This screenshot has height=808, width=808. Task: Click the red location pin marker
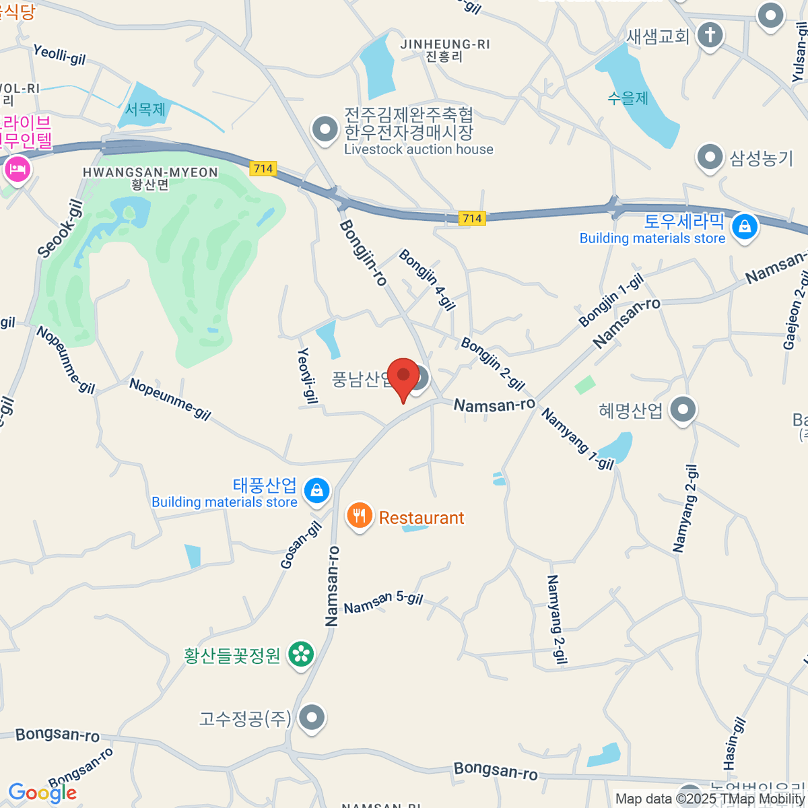(403, 376)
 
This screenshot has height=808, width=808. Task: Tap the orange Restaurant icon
(360, 516)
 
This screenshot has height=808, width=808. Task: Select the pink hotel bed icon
(17, 168)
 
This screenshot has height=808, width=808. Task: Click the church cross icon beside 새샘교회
(709, 34)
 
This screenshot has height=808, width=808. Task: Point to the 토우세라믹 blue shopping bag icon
(745, 227)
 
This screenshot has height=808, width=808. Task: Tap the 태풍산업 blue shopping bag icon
(317, 490)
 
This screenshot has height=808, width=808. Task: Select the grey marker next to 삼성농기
(710, 158)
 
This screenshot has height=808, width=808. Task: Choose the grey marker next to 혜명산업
(683, 409)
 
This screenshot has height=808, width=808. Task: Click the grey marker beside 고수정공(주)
(312, 718)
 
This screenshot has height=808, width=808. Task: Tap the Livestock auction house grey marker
(325, 129)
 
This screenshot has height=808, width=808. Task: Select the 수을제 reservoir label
(628, 98)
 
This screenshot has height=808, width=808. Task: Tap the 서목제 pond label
(145, 109)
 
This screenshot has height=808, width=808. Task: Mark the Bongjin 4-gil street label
(427, 279)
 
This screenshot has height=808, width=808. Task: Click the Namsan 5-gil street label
(383, 602)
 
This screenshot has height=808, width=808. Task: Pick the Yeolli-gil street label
(60, 54)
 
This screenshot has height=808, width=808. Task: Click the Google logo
(42, 793)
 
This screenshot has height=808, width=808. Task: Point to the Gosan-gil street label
(300, 545)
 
